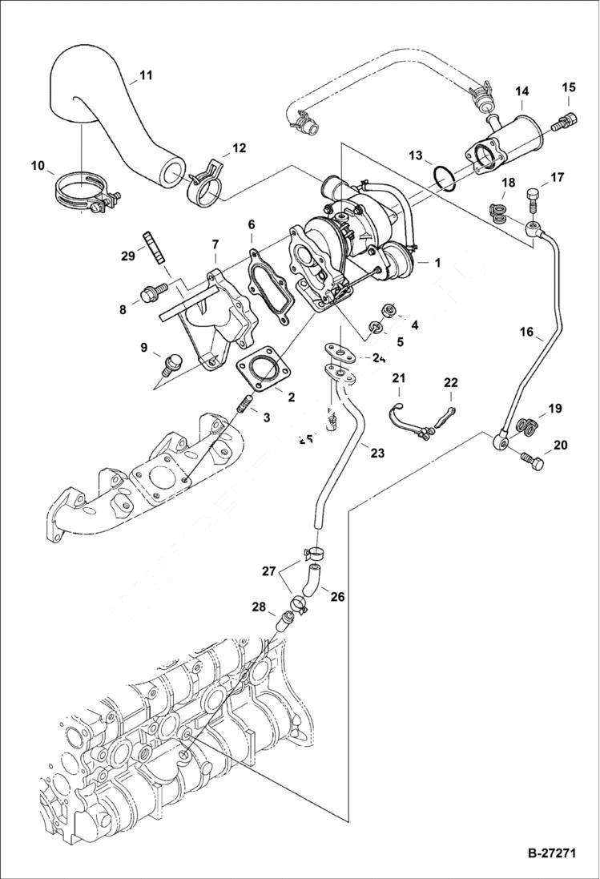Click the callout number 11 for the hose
[145, 75]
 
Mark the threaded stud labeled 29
[151, 244]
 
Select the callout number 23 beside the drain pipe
[377, 453]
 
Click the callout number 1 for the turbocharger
[437, 262]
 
